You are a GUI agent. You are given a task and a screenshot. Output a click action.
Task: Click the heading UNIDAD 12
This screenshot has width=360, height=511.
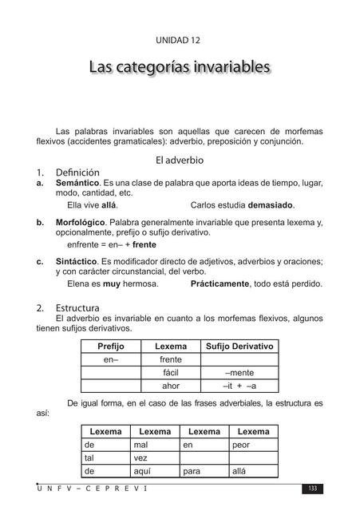[179, 39]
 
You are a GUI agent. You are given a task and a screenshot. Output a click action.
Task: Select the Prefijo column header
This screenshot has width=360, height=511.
[111, 347]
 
